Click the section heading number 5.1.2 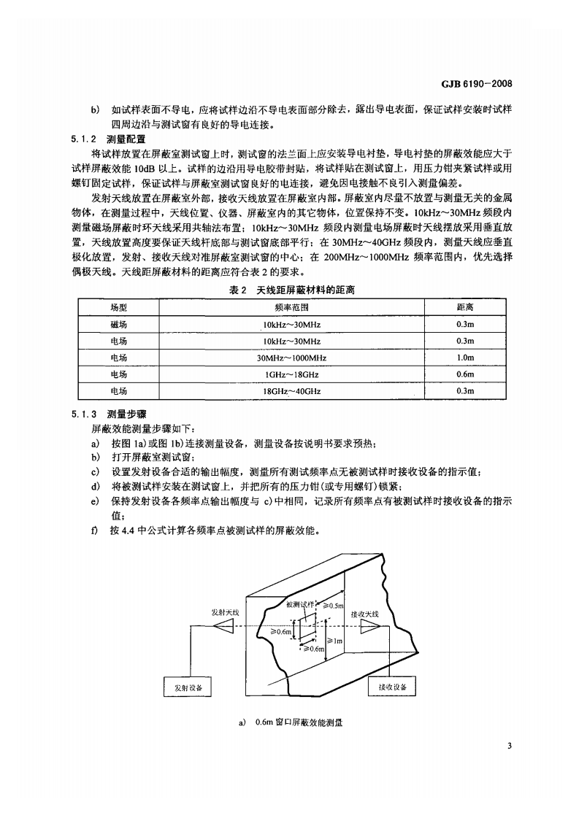coord(83,139)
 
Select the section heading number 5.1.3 coord(83,414)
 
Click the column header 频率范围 coord(291,307)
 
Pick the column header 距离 coord(464,307)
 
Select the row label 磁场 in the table coord(119,324)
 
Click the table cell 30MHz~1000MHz coord(291,358)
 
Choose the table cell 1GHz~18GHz coord(291,374)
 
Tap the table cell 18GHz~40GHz coord(291,391)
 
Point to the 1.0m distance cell coord(464,358)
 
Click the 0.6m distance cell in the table coord(464,374)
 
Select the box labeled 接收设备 coord(392,687)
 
